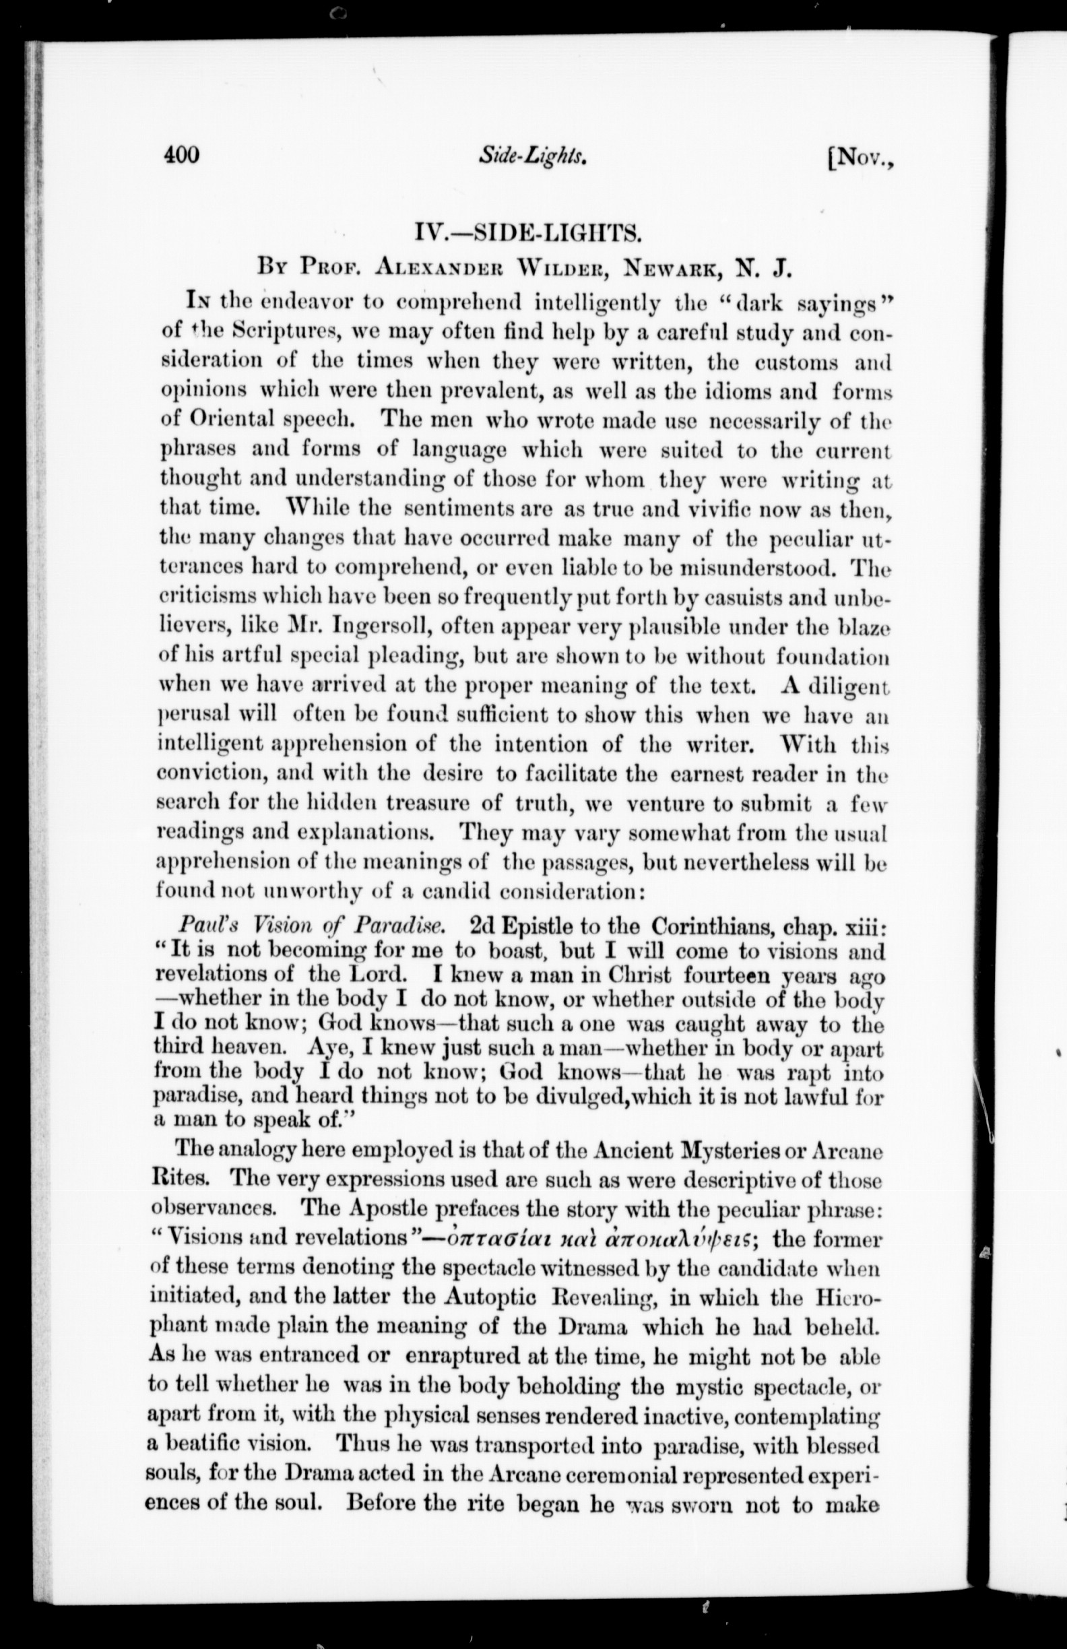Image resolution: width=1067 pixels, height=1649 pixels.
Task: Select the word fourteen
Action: [x=727, y=975]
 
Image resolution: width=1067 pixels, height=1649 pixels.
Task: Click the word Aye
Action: [x=327, y=1049]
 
